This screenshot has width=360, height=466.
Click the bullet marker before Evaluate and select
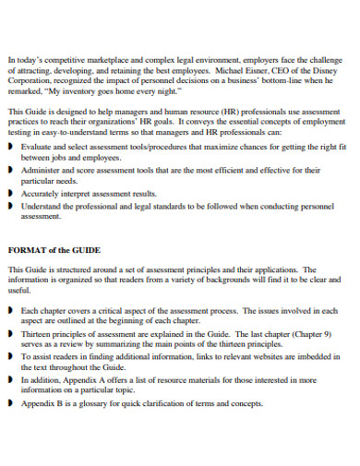(x=10, y=146)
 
